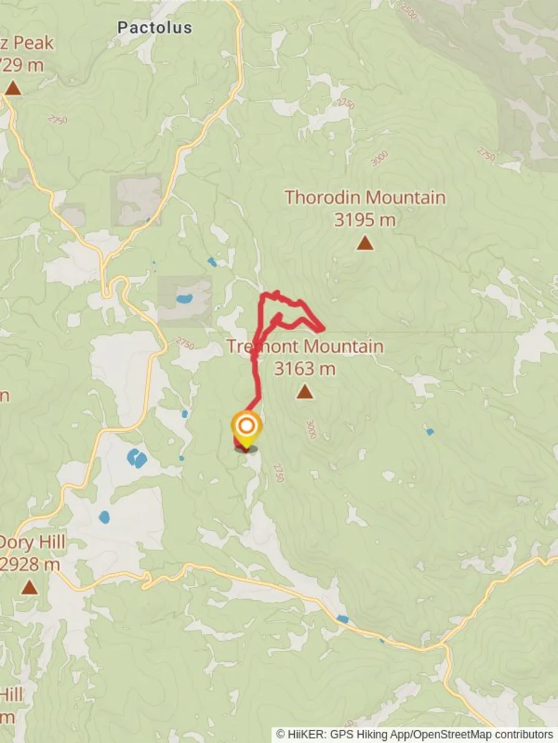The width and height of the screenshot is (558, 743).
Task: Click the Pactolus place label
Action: pyautogui.click(x=154, y=28)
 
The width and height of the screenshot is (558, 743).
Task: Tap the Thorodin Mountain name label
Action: pyautogui.click(x=365, y=197)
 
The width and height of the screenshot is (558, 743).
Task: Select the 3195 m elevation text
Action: pyautogui.click(x=365, y=220)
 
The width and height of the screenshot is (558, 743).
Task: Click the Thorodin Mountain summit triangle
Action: pyautogui.click(x=365, y=243)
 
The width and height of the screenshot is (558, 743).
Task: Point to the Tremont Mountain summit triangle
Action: pyautogui.click(x=304, y=392)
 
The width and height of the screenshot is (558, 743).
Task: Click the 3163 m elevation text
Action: pyautogui.click(x=304, y=369)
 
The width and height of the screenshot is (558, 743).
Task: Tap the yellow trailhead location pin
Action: pyautogui.click(x=246, y=428)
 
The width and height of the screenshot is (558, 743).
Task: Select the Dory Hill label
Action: pyautogui.click(x=32, y=542)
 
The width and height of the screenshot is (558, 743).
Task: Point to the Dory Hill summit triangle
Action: pyautogui.click(x=29, y=587)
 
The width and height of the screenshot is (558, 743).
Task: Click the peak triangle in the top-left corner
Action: pyautogui.click(x=12, y=88)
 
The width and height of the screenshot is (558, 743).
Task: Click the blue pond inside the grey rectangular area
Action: pyautogui.click(x=184, y=299)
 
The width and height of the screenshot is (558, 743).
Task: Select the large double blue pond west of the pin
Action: pyautogui.click(x=136, y=457)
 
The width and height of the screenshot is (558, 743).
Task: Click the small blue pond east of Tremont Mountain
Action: pyautogui.click(x=429, y=432)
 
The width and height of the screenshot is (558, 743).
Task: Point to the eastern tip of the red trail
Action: pyautogui.click(x=322, y=330)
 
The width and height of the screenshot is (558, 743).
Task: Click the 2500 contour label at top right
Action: pyautogui.click(x=409, y=12)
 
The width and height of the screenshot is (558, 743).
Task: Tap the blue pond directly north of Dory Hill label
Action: pyautogui.click(x=104, y=517)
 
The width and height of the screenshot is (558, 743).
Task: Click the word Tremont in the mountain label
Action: pyautogui.click(x=262, y=345)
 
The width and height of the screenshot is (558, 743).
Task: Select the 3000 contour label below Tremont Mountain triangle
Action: pyautogui.click(x=311, y=429)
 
